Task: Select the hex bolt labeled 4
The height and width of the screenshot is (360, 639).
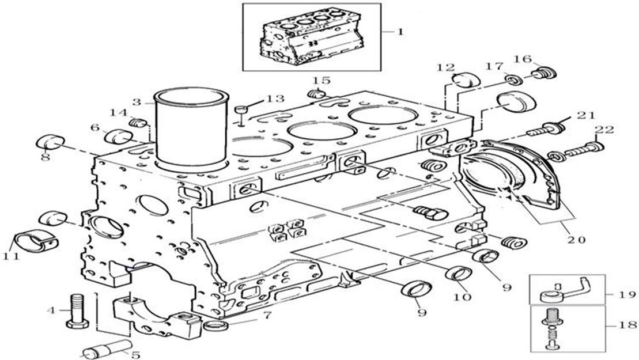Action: click(x=77, y=310)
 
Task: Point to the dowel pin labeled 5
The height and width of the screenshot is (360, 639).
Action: click(x=107, y=348)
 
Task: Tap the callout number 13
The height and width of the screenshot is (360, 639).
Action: click(x=275, y=98)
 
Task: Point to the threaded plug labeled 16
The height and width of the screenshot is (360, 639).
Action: click(x=543, y=74)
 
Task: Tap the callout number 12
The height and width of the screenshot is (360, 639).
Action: click(x=445, y=68)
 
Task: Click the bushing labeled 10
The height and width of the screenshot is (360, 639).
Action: click(x=457, y=274)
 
